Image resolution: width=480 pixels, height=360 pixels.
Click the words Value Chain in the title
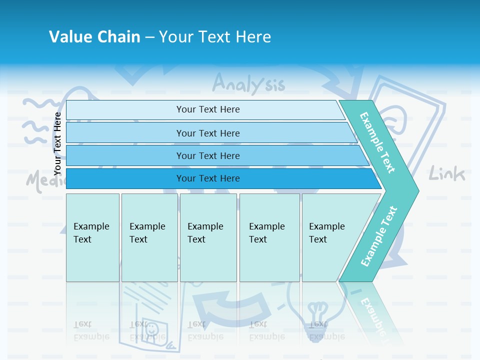click(94, 37)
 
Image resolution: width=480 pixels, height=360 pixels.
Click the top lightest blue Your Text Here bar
click(207, 109)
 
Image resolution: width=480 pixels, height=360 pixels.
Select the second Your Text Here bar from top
click(207, 133)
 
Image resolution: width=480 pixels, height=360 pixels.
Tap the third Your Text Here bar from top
click(207, 155)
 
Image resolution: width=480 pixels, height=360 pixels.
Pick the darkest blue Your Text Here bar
click(207, 178)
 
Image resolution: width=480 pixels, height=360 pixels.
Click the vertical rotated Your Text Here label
click(57, 143)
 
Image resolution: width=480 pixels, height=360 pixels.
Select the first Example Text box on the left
click(92, 237)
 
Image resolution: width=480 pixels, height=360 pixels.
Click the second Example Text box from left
click(149, 237)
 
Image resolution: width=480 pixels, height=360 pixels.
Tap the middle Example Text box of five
click(208, 237)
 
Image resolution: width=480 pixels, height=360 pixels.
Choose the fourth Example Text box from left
click(269, 237)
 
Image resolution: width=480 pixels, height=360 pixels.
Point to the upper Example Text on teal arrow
click(378, 142)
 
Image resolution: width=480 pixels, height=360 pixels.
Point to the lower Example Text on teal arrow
click(379, 236)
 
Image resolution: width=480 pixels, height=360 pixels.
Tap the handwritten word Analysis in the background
click(248, 84)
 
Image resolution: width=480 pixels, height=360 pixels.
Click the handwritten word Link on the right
click(447, 174)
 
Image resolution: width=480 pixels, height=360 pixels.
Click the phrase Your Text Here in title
click(215, 37)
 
